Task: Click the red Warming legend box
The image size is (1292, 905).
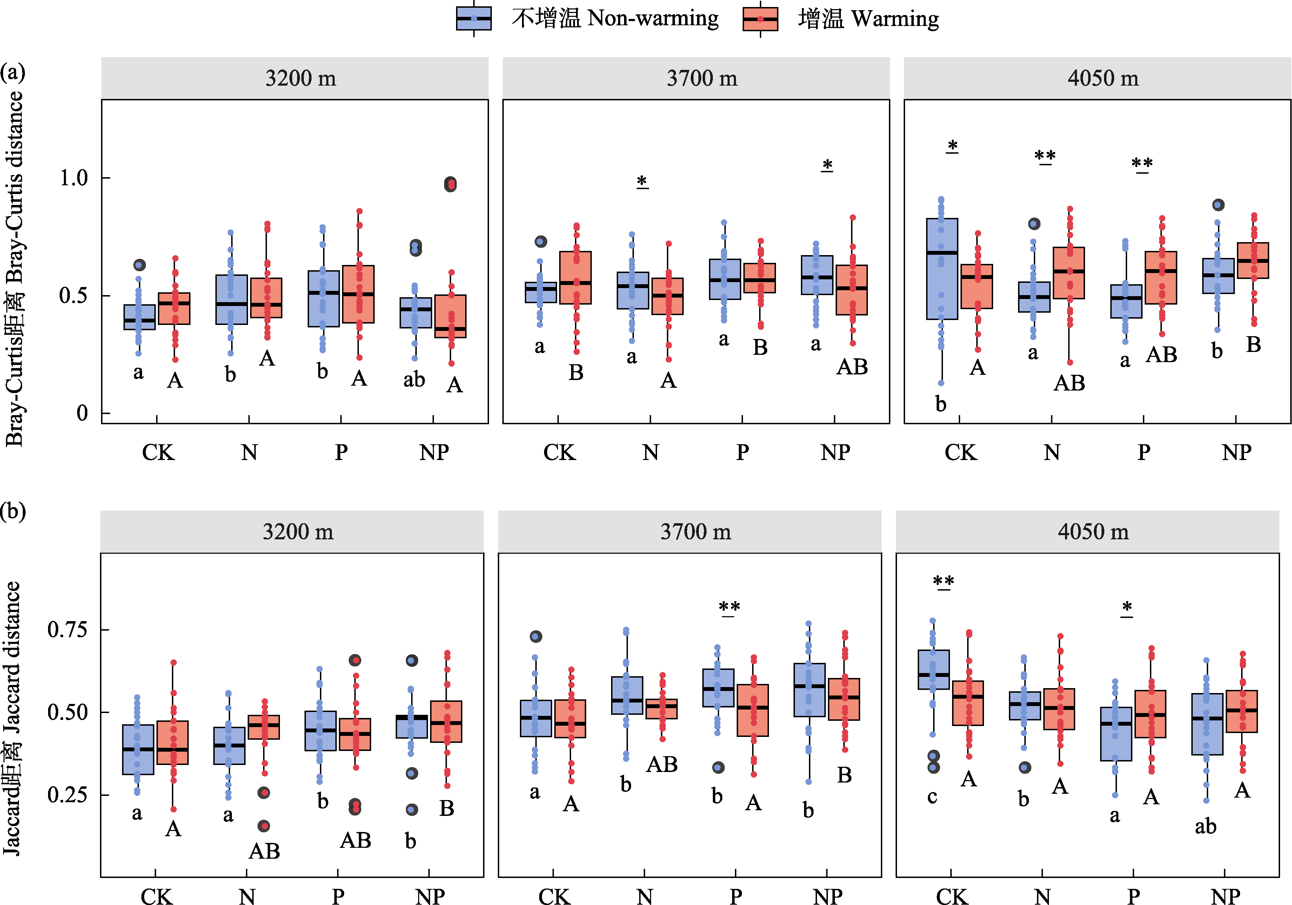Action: pos(760,19)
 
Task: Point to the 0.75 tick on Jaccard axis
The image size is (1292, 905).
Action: pos(67,629)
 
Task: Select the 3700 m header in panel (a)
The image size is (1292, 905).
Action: pos(702,78)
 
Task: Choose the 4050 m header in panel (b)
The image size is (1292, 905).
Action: pos(1093,532)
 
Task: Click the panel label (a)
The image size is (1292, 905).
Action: pos(12,72)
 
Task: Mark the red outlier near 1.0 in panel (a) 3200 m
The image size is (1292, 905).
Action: pos(450,184)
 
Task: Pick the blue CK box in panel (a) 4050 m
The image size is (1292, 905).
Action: pos(942,269)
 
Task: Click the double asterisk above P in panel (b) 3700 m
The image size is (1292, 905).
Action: pos(729,608)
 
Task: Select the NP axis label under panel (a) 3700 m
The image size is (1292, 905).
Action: pos(835,452)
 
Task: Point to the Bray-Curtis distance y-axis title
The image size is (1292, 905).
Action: pos(15,269)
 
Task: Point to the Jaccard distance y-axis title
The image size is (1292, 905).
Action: pos(12,718)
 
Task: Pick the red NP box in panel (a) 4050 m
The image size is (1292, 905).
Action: pos(1253,261)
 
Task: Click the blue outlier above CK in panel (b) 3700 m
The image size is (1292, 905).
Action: pos(536,637)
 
